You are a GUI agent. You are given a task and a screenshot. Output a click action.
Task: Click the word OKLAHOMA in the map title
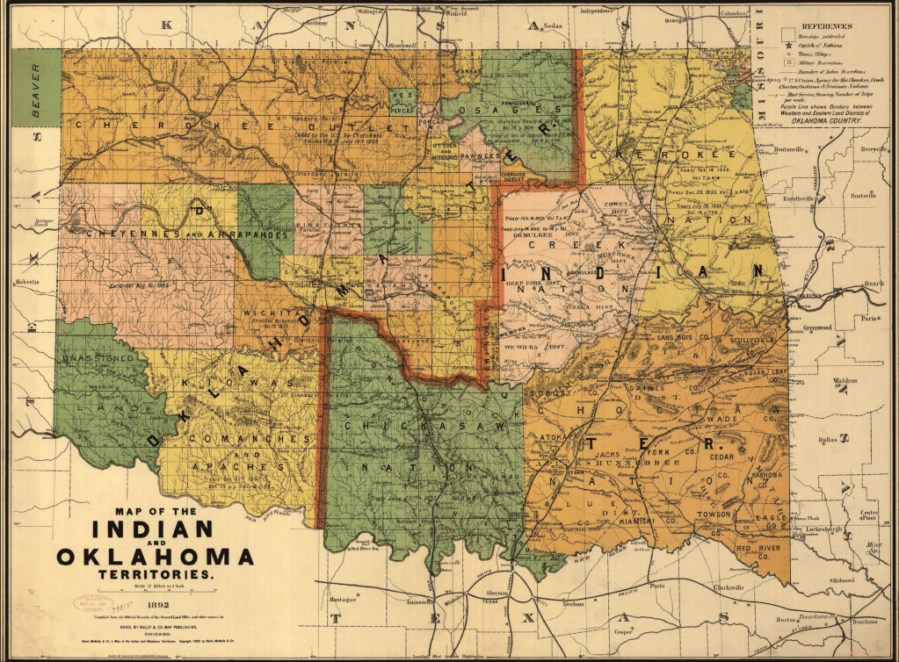156,556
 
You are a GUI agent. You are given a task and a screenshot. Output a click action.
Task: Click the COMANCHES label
256,438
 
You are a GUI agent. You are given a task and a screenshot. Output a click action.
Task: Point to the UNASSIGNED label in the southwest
97,358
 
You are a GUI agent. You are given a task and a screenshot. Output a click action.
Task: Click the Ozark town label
873,284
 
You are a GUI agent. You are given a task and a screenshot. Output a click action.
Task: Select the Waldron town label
845,381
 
